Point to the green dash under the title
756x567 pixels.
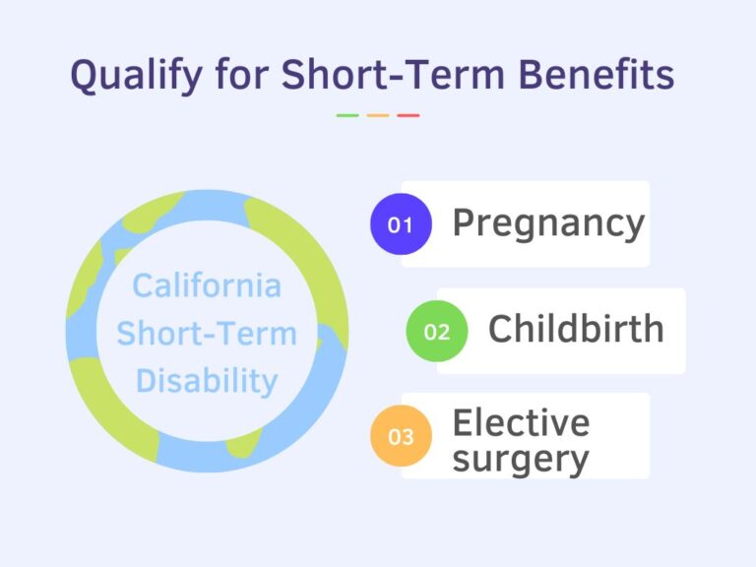pyautogui.click(x=347, y=115)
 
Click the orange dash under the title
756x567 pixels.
pyautogui.click(x=378, y=115)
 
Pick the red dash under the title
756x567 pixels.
pyautogui.click(x=409, y=115)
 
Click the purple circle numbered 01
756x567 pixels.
pyautogui.click(x=400, y=224)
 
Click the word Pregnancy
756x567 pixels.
pyautogui.click(x=548, y=224)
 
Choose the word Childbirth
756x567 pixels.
pyautogui.click(x=576, y=330)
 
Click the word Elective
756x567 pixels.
pyautogui.click(x=521, y=422)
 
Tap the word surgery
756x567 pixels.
pyautogui.click(x=521, y=458)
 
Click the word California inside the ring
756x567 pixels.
pyautogui.click(x=207, y=285)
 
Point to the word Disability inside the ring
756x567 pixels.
pyautogui.click(x=207, y=380)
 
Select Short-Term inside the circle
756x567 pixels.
pyautogui.click(x=207, y=333)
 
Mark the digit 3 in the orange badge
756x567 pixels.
pyautogui.click(x=407, y=437)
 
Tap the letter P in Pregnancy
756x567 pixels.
pyautogui.click(x=464, y=223)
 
